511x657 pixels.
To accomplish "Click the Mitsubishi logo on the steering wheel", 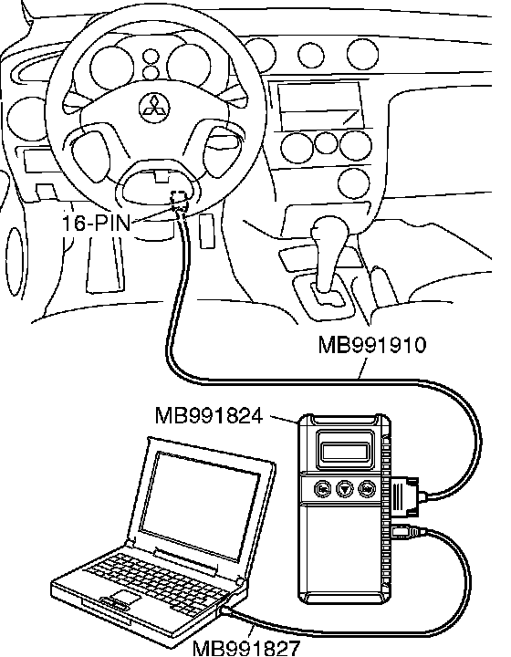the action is point(154,108).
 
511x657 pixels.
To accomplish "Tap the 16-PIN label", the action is point(96,223).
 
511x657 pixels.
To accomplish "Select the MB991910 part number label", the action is point(372,345).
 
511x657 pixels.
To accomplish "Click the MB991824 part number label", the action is point(209,416).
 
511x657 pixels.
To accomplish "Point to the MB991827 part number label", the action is point(246,647).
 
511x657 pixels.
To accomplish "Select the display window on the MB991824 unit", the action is point(345,451).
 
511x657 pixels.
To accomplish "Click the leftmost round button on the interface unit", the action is point(322,489).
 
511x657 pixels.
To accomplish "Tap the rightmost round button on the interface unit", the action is point(368,488).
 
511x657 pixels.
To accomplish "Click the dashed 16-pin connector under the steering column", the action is point(180,199).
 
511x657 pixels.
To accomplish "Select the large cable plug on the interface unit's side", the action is point(405,495).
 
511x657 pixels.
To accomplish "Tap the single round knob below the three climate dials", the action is point(353,183).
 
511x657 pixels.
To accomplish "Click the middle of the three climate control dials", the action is point(326,142).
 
